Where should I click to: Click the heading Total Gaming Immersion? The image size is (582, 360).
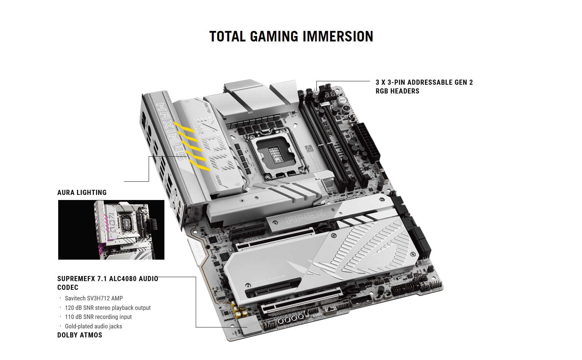pos(291,36)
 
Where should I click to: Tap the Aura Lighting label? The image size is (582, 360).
pos(82,192)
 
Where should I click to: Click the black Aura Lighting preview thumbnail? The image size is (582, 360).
pos(111,229)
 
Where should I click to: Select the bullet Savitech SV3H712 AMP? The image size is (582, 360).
pos(94,298)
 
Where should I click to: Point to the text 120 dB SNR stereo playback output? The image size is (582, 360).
pos(108,308)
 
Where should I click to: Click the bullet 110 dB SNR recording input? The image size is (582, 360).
pos(98,317)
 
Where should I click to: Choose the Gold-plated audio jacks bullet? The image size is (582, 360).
pos(93,326)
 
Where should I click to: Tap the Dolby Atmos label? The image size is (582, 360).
pos(80,335)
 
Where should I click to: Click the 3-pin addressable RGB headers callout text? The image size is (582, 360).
pos(424,87)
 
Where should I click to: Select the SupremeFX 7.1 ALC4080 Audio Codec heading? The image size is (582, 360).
pos(108,283)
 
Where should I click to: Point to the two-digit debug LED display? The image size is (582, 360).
pos(330,95)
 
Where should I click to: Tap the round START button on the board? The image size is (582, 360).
pos(342,100)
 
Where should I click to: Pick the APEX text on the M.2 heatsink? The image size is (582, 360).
pos(305,217)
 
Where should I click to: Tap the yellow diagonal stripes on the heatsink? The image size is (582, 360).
pos(192,147)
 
